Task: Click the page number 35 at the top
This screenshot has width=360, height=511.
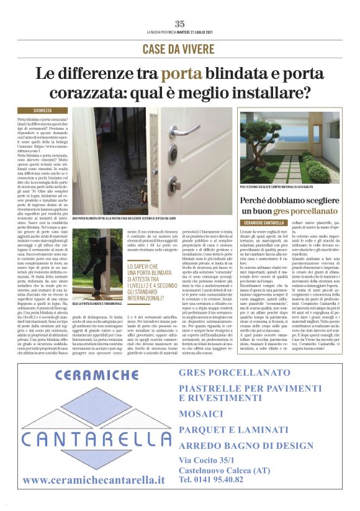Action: (x=180, y=24)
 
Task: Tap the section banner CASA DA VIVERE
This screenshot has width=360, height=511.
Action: (x=180, y=48)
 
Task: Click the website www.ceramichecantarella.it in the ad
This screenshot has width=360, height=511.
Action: (x=93, y=480)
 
